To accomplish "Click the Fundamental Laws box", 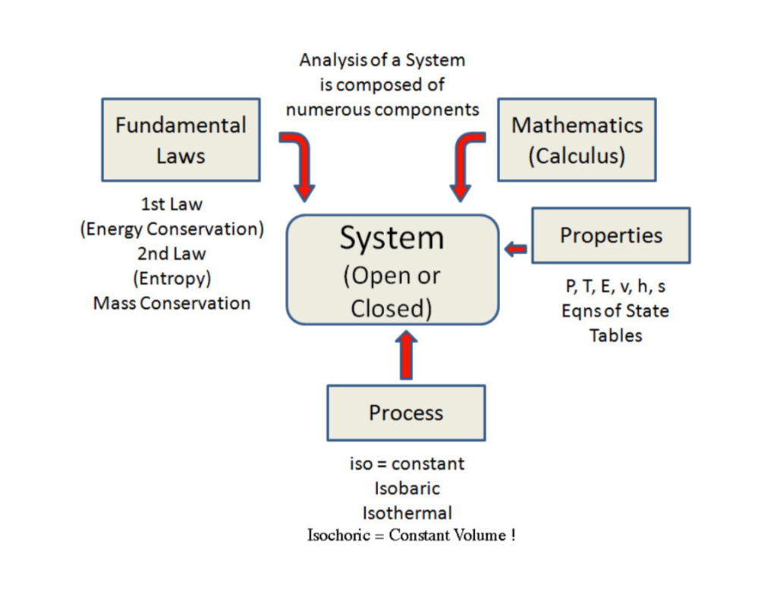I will [181, 140].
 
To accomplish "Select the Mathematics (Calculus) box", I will [577, 140].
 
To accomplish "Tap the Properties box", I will [611, 235].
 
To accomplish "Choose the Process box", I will [406, 413].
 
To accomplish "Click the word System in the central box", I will [392, 238].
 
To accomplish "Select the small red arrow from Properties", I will [517, 248].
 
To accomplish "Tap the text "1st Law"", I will [171, 204].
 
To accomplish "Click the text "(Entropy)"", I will [171, 279].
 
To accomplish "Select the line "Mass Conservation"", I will [171, 304].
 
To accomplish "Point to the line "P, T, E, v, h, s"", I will [615, 287].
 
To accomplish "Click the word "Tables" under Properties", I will [615, 335].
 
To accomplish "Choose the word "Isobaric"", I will [407, 487].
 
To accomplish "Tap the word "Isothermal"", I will [407, 511].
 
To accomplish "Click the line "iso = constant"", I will [407, 463].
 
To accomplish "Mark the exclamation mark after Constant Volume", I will [513, 535].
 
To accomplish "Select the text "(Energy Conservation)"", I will [171, 229].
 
